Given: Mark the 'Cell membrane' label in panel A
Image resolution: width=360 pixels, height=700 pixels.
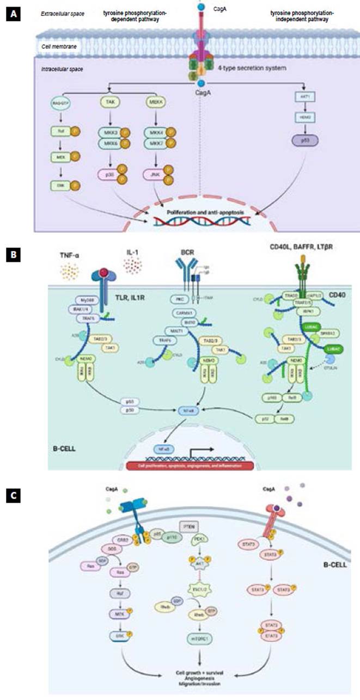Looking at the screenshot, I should (57, 47).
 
